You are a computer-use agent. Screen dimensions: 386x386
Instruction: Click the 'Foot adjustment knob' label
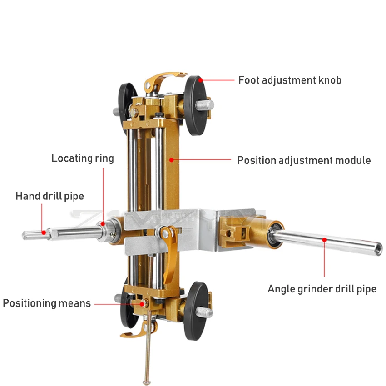coord(290,80)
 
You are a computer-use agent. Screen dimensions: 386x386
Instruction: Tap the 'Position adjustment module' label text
coord(304,160)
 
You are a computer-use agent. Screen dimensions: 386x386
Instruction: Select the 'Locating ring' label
coord(82,158)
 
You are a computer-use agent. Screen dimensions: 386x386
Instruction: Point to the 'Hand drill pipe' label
coord(49,196)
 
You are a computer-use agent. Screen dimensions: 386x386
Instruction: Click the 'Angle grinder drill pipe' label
coord(322,289)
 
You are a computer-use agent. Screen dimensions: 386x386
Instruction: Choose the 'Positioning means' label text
coord(47,303)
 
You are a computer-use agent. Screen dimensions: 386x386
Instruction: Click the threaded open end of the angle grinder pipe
coord(376,247)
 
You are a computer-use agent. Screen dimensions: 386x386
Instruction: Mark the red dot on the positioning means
coord(142,303)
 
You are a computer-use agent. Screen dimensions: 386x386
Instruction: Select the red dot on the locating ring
coord(104,223)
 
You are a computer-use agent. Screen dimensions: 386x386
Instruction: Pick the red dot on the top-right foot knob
coord(200,80)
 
